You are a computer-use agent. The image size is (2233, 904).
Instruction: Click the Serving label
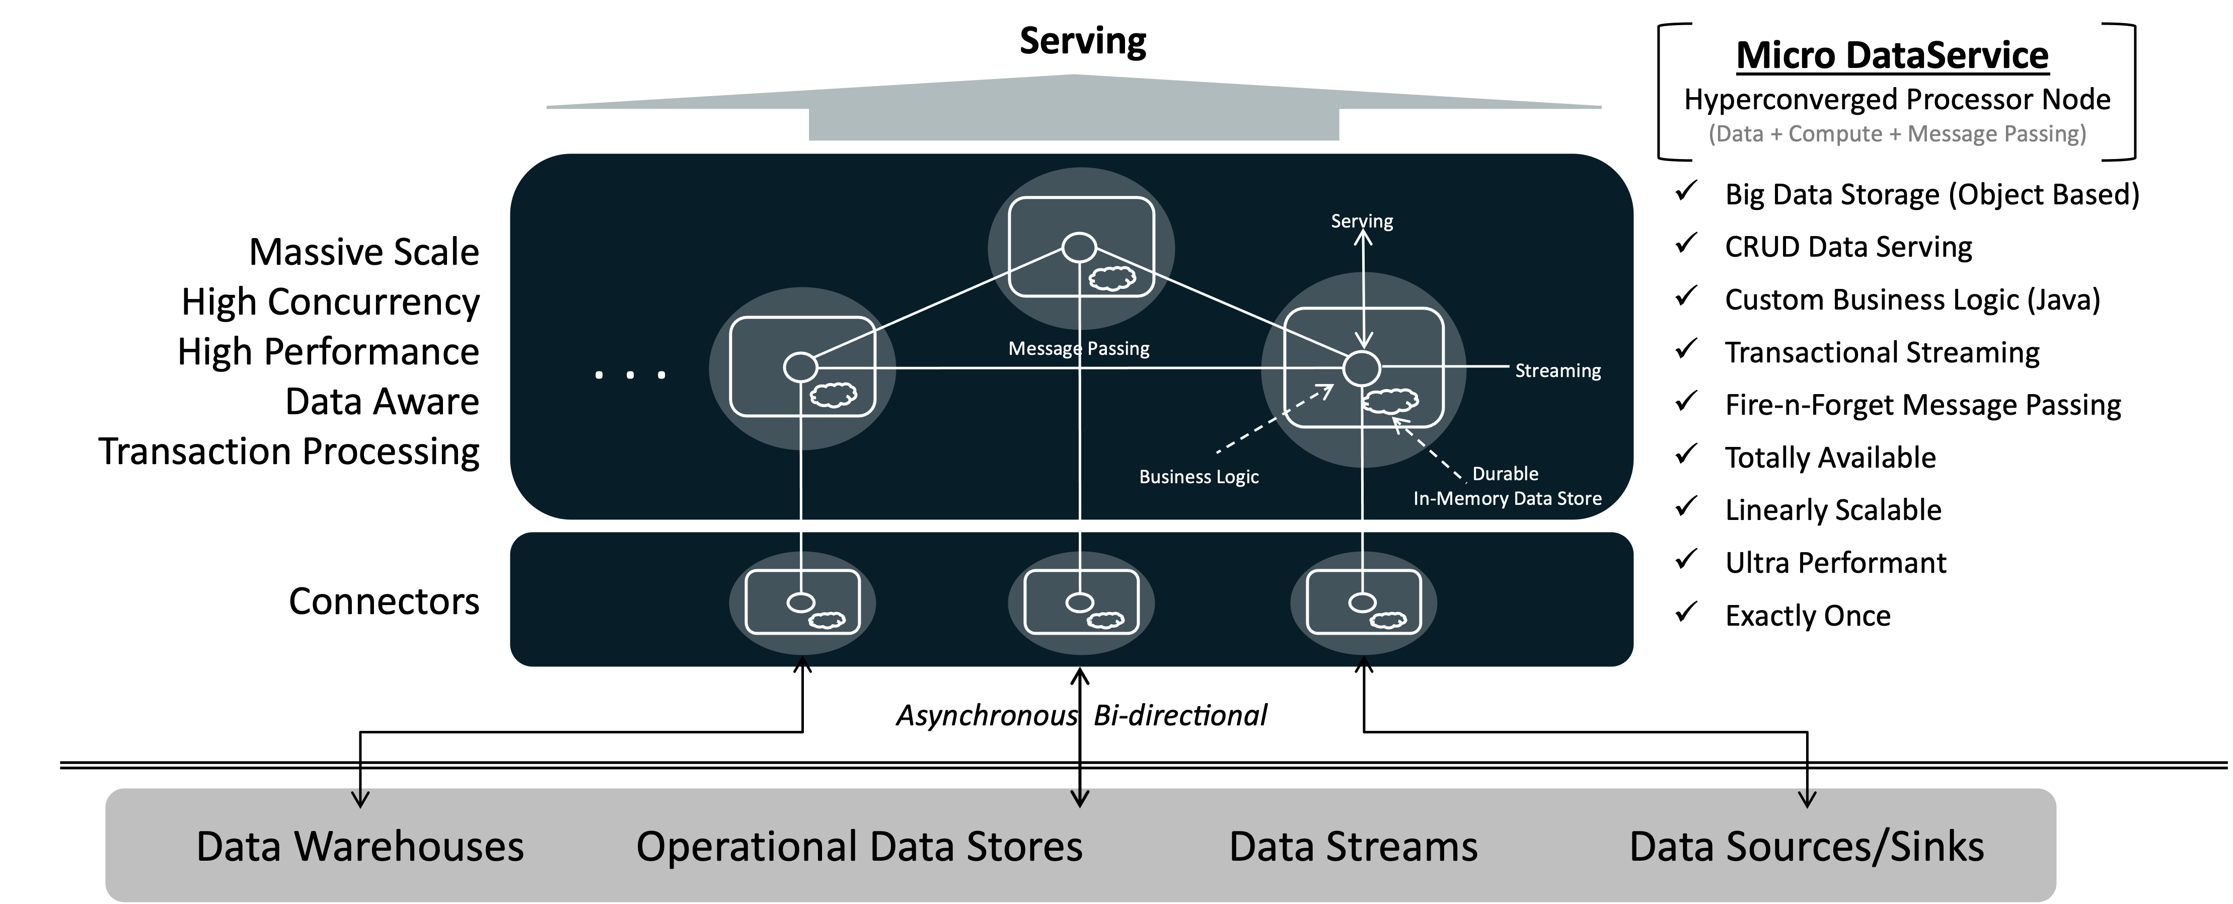[1362, 221]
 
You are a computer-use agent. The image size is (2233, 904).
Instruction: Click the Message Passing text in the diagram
[1078, 348]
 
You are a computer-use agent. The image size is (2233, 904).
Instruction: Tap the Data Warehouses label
[360, 847]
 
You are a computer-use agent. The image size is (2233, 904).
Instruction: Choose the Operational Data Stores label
[859, 847]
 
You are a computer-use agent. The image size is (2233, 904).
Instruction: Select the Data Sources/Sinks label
[1807, 847]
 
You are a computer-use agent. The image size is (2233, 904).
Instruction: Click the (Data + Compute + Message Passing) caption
[1897, 133]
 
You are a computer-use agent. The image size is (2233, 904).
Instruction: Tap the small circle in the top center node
[1079, 248]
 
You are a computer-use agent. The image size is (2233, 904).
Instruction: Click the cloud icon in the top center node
[1111, 278]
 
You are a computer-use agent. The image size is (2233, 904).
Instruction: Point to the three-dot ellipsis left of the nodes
[630, 374]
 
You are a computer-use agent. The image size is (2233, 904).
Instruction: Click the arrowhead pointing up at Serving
[1363, 235]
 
